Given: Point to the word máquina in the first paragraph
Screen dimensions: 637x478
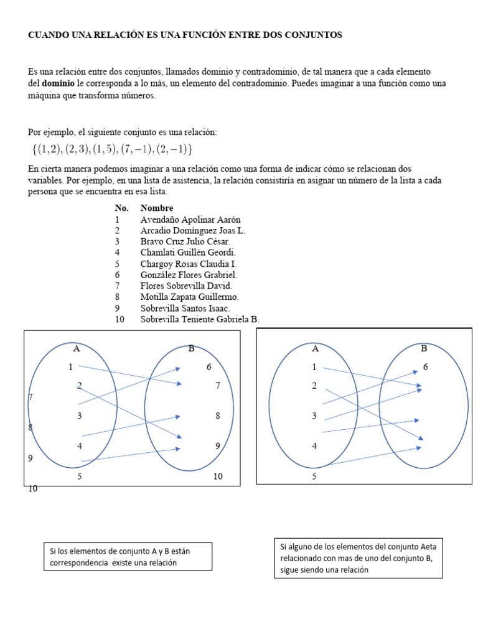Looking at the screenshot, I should click(46, 96).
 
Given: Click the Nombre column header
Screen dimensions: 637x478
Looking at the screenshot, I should click(157, 208).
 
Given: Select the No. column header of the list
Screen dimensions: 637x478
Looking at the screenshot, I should click(121, 208).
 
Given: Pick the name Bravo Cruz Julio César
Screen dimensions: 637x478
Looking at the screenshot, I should click(185, 241).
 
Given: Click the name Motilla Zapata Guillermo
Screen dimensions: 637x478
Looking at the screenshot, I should click(189, 297).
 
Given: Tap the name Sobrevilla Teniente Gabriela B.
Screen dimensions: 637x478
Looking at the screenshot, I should click(200, 319).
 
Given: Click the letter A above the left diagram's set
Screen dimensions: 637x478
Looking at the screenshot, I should click(76, 348).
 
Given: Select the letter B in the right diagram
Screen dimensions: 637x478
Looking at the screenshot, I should click(424, 348).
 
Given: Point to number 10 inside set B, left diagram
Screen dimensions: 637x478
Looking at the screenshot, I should click(217, 477).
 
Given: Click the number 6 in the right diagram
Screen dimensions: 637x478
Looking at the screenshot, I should click(426, 367).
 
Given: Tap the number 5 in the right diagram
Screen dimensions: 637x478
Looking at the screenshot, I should click(314, 477).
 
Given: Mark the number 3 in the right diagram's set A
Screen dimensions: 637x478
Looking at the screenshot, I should click(314, 416).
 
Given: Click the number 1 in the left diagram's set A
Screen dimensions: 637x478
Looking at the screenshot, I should click(70, 367).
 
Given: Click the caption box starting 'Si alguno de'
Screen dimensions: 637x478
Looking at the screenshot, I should click(358, 558).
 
